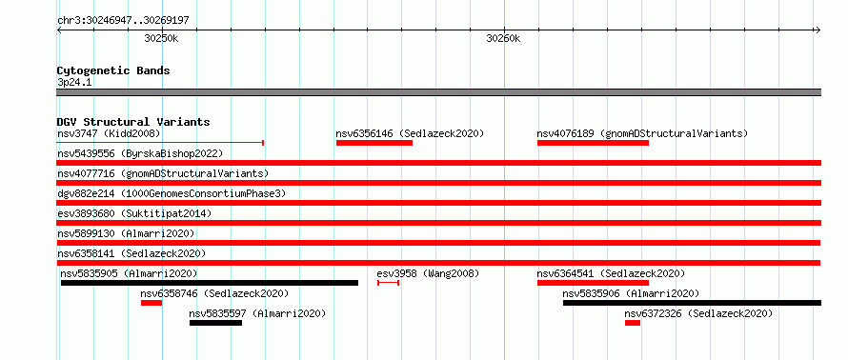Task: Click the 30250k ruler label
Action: [161, 38]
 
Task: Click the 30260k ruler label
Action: [503, 38]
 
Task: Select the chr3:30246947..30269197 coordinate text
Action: [123, 21]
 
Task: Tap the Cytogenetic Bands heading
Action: [113, 70]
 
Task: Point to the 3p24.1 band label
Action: [75, 82]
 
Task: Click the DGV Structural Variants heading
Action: [133, 122]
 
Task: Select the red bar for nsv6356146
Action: [374, 143]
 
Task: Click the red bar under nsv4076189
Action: [593, 143]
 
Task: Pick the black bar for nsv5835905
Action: [210, 283]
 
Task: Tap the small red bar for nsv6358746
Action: [151, 303]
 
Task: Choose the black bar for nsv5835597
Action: [215, 323]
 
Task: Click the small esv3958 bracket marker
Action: [389, 283]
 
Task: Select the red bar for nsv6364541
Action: [593, 283]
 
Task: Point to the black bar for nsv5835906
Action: [692, 303]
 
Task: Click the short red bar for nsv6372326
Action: [633, 323]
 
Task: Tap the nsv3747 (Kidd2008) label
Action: [109, 133]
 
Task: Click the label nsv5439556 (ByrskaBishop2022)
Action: [140, 153]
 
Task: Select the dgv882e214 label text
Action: [86, 193]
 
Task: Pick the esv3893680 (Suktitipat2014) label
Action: [134, 213]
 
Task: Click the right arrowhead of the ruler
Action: [818, 30]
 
